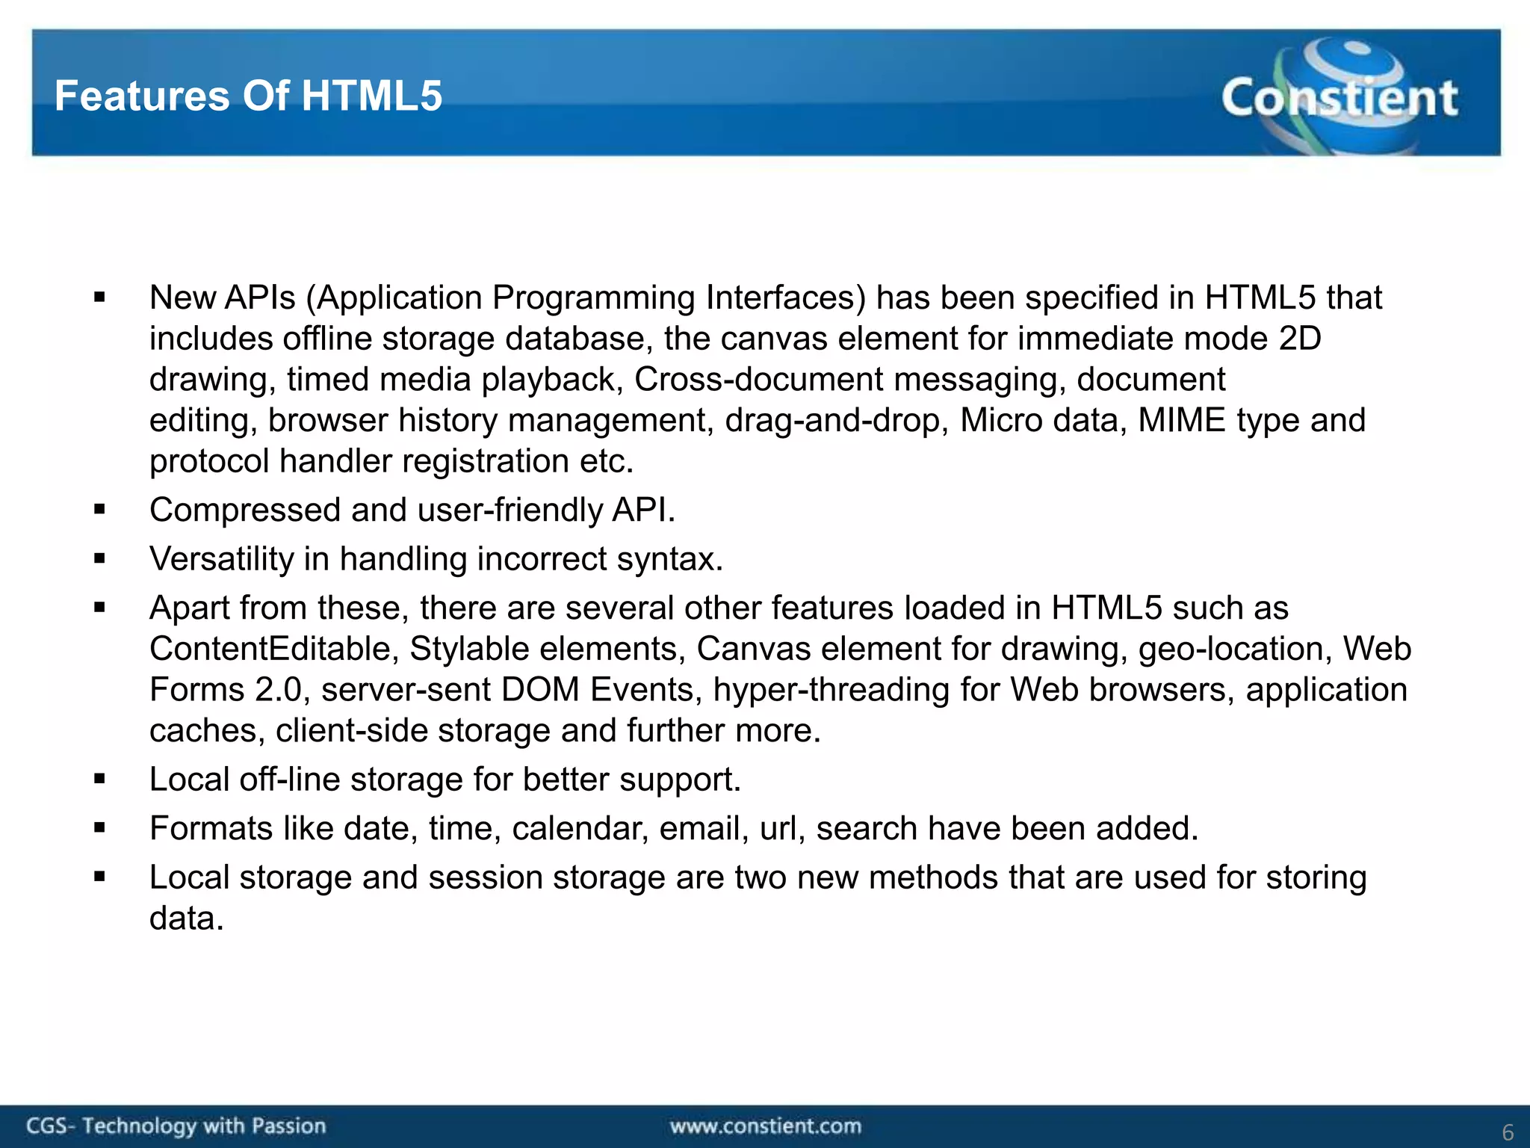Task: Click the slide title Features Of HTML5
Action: coord(248,96)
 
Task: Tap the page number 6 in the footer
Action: coord(1508,1132)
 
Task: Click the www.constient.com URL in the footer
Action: coord(765,1126)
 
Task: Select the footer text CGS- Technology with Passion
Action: coord(176,1126)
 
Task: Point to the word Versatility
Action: coord(221,559)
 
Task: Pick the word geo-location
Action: coord(1235,649)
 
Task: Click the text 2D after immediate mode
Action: coord(1300,339)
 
